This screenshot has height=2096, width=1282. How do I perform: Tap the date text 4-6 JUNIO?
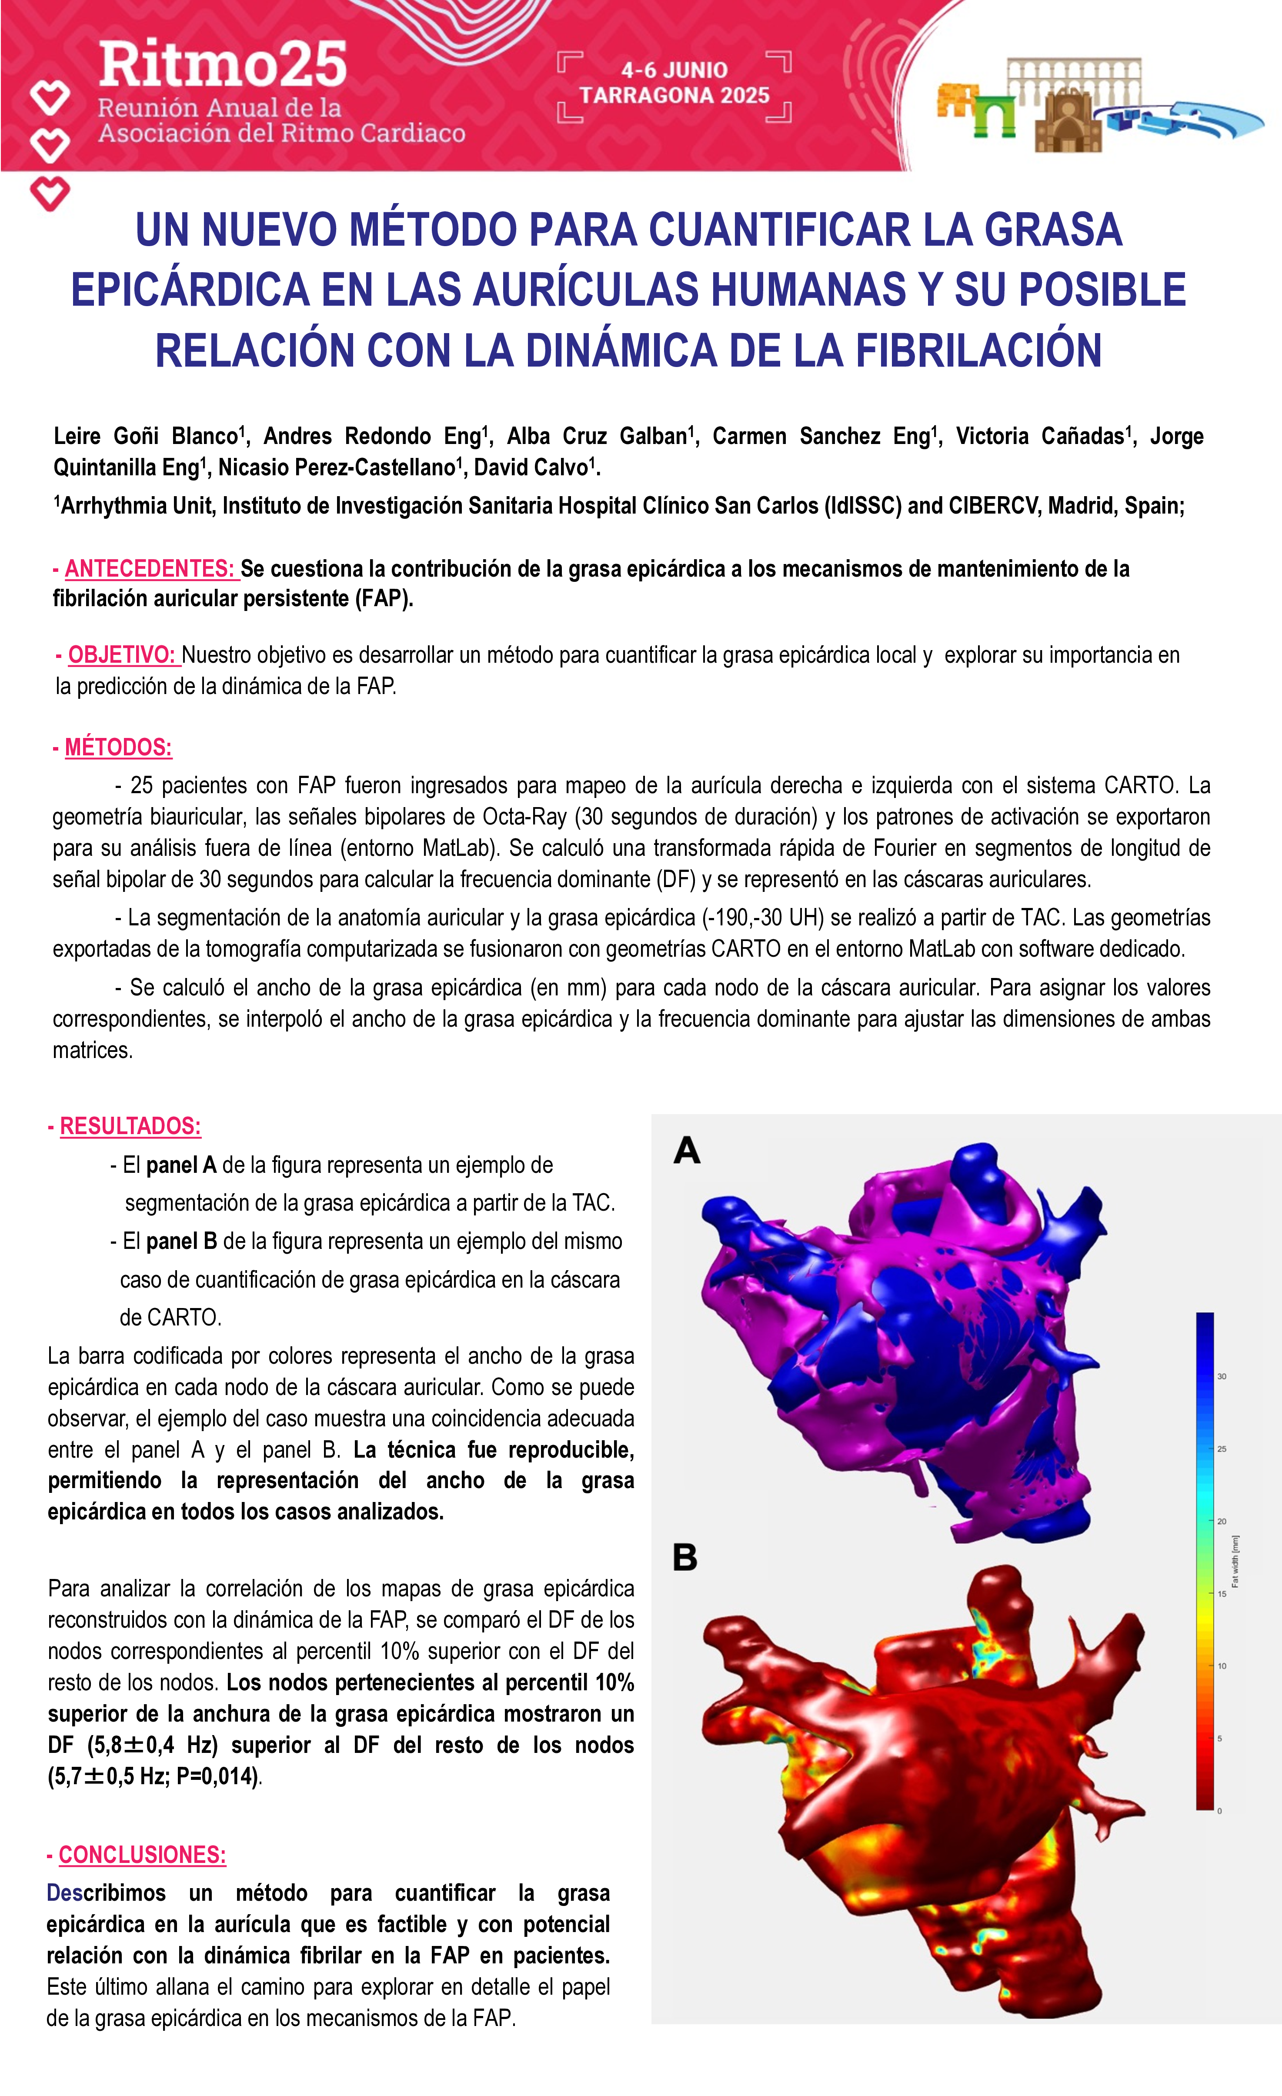674,70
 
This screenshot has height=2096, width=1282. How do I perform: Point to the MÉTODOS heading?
118,748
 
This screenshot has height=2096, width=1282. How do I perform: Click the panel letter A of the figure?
687,1151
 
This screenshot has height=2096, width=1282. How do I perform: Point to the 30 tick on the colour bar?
1222,1376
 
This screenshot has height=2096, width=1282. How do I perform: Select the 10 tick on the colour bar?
1222,1666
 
